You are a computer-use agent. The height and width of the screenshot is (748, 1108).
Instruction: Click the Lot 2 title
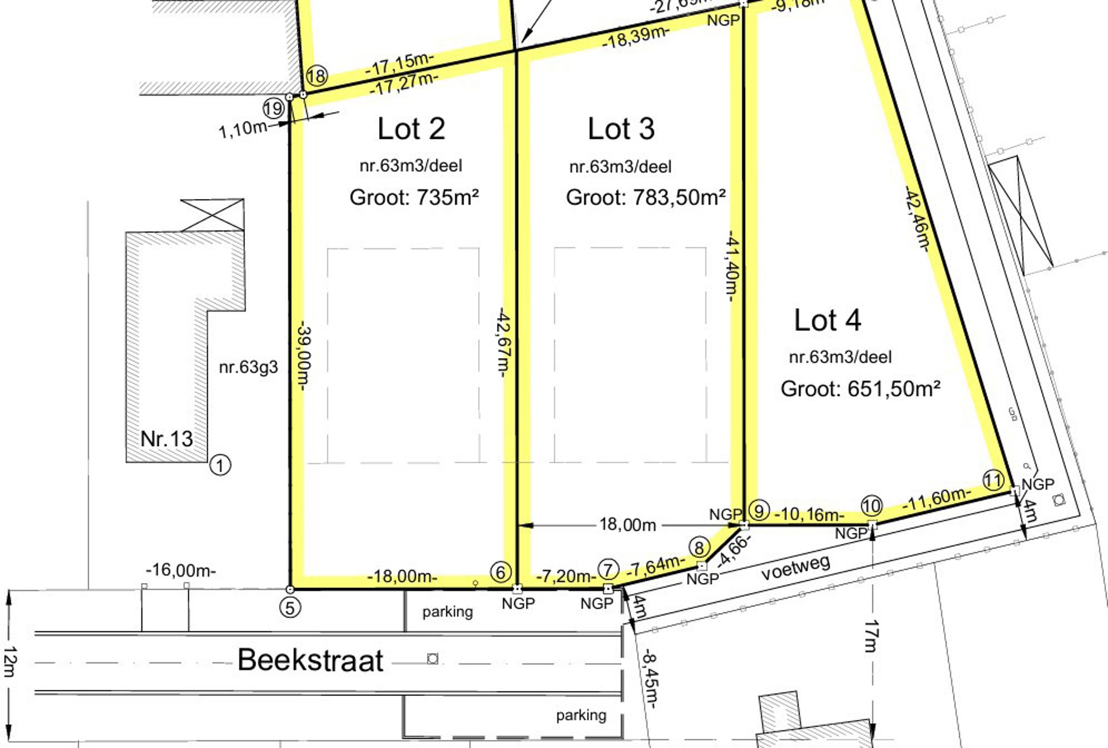click(411, 129)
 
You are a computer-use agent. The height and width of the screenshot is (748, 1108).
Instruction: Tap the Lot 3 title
click(621, 129)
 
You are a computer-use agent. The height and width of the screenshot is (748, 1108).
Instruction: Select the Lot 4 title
click(828, 320)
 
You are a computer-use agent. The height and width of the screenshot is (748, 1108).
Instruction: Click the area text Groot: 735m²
click(414, 198)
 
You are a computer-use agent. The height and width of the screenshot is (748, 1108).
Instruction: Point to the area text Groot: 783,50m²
click(645, 198)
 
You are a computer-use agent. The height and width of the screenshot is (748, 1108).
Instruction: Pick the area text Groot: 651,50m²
click(860, 389)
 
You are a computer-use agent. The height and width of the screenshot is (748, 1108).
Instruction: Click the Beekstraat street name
click(310, 661)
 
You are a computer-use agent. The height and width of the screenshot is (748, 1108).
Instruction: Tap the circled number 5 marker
click(290, 607)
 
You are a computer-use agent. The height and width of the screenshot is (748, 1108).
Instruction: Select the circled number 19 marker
click(273, 109)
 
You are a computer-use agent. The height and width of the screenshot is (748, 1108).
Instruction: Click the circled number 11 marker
click(993, 479)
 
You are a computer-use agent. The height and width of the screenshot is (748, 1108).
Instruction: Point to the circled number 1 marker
click(220, 465)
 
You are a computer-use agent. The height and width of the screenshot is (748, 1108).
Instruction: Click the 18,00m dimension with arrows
click(628, 525)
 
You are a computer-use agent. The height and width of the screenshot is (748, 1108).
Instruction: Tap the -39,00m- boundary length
click(303, 357)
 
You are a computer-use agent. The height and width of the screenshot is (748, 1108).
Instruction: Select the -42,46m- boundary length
click(916, 219)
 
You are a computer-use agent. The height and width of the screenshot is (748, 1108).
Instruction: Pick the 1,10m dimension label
click(242, 129)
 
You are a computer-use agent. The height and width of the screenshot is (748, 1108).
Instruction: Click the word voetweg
click(795, 567)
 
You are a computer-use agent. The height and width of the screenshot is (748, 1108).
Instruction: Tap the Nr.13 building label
click(167, 439)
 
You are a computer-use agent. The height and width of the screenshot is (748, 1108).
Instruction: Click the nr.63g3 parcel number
click(248, 367)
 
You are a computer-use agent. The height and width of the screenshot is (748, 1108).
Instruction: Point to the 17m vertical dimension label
click(871, 636)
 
